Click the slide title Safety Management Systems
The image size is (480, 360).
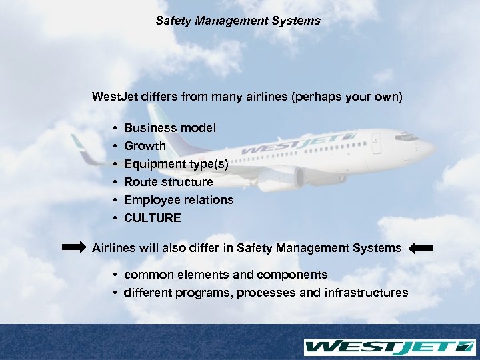pyautogui.click(x=238, y=21)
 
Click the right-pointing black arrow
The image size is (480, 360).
pyautogui.click(x=74, y=247)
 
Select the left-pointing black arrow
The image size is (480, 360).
pyautogui.click(x=421, y=249)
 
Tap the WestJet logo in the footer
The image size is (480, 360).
pyautogui.click(x=389, y=347)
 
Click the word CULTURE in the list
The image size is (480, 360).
pyautogui.click(x=152, y=218)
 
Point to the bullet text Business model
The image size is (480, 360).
pyautogui.click(x=170, y=127)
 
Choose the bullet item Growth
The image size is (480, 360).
pyautogui.click(x=145, y=145)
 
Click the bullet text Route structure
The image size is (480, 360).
pyautogui.click(x=169, y=181)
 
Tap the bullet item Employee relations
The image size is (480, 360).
pyautogui.click(x=179, y=199)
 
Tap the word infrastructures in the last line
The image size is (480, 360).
pyautogui.click(x=366, y=293)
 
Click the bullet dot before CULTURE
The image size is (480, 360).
pyautogui.click(x=115, y=218)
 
